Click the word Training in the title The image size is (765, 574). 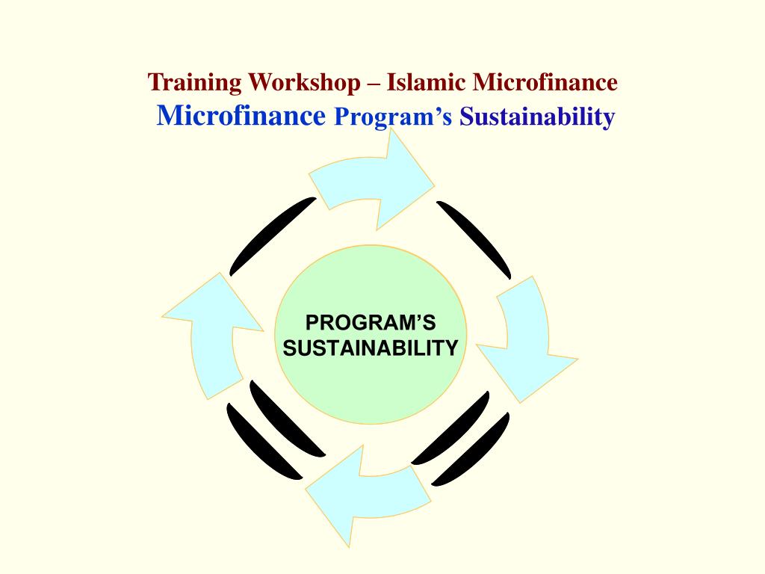click(x=196, y=83)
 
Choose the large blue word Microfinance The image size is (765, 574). click(x=242, y=116)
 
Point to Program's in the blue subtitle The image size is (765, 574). click(x=393, y=117)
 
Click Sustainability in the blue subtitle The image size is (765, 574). click(x=537, y=117)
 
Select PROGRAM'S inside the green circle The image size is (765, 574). click(x=371, y=324)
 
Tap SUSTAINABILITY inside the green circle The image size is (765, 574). click(x=371, y=348)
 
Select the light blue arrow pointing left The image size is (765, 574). click(x=366, y=490)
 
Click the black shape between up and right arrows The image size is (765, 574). click(x=271, y=235)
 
